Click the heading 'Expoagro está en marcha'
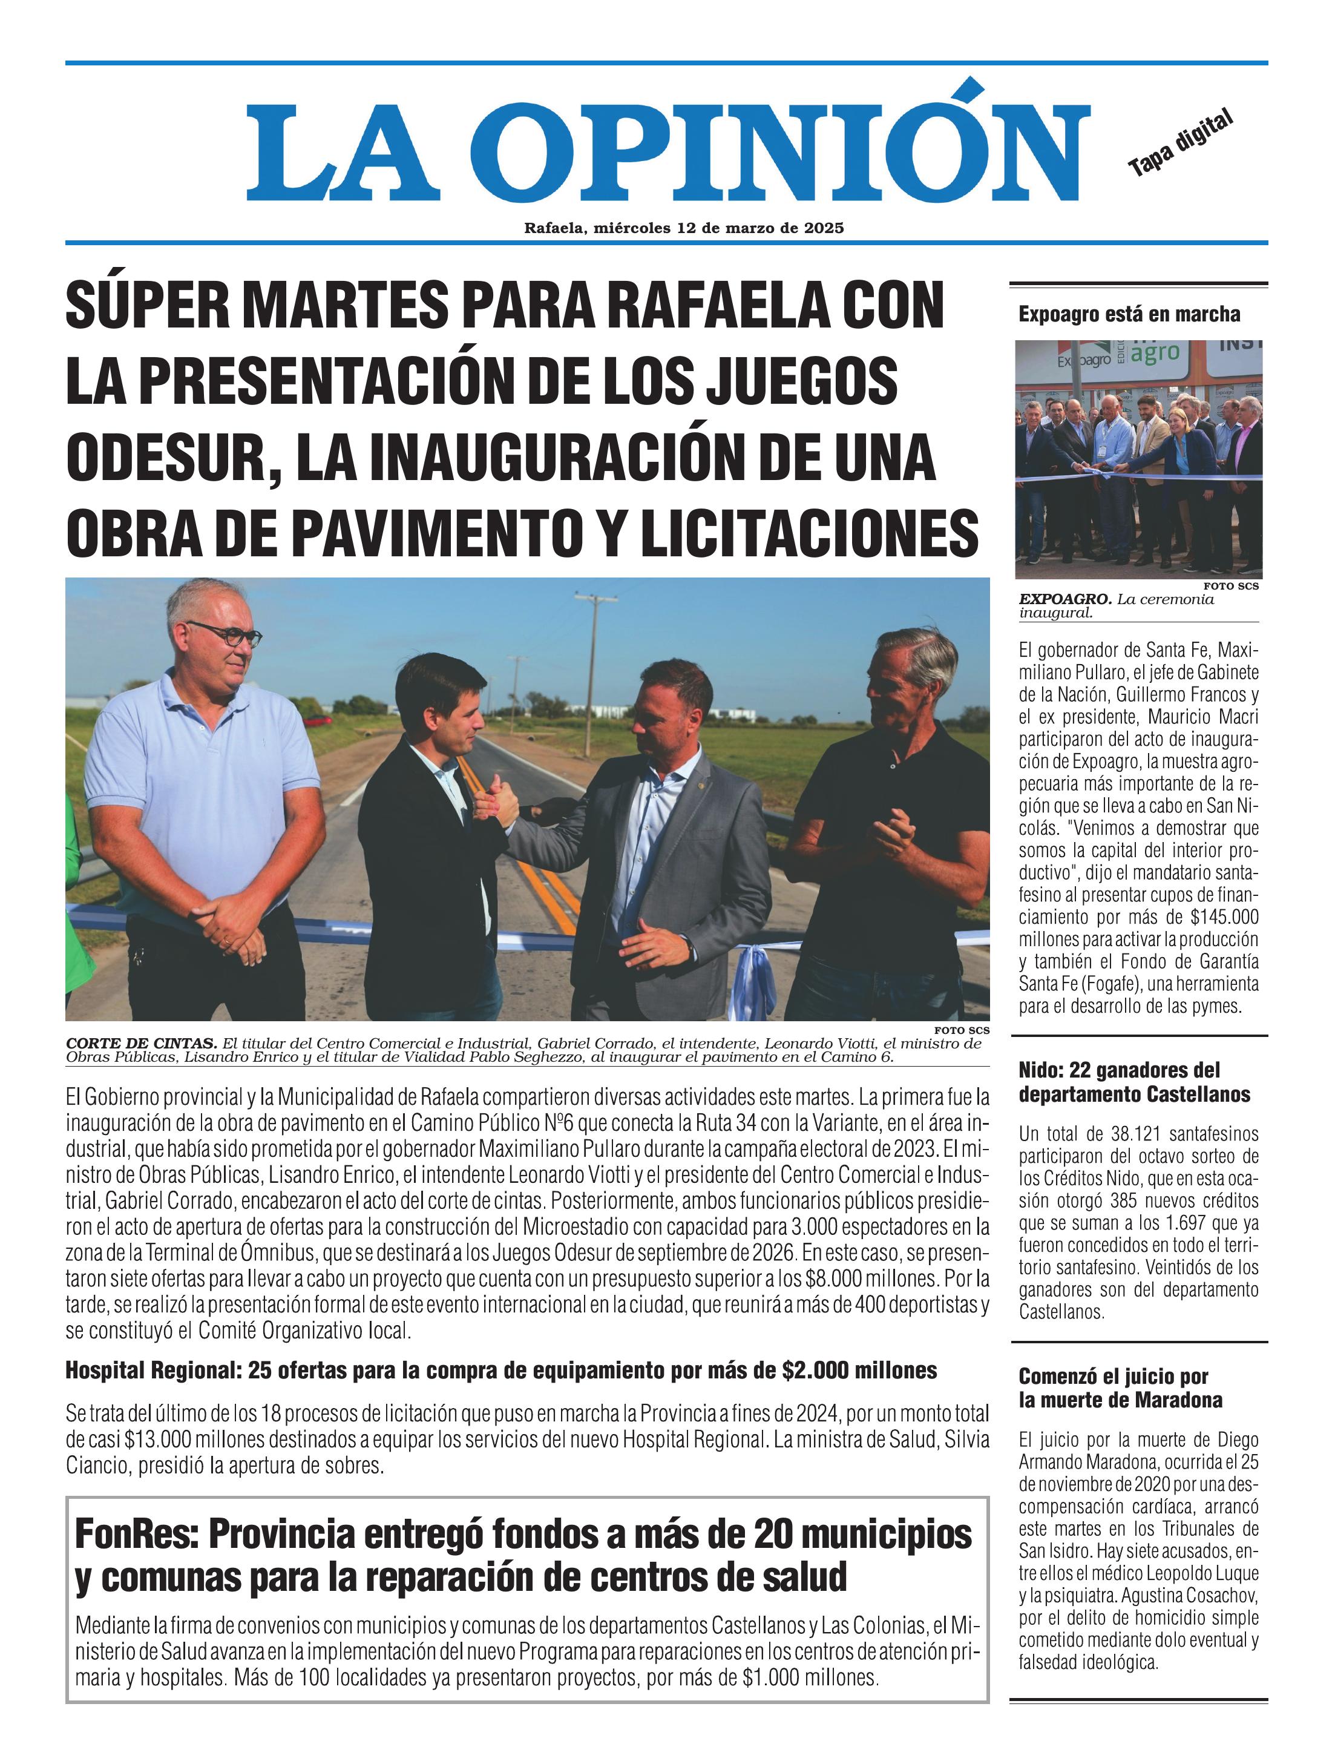click(x=1129, y=314)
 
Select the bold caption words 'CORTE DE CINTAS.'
click(x=141, y=1043)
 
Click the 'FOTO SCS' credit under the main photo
click(x=963, y=1030)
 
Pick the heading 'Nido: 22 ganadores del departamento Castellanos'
click(x=1133, y=1082)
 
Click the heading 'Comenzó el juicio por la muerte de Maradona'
click(x=1120, y=1387)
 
